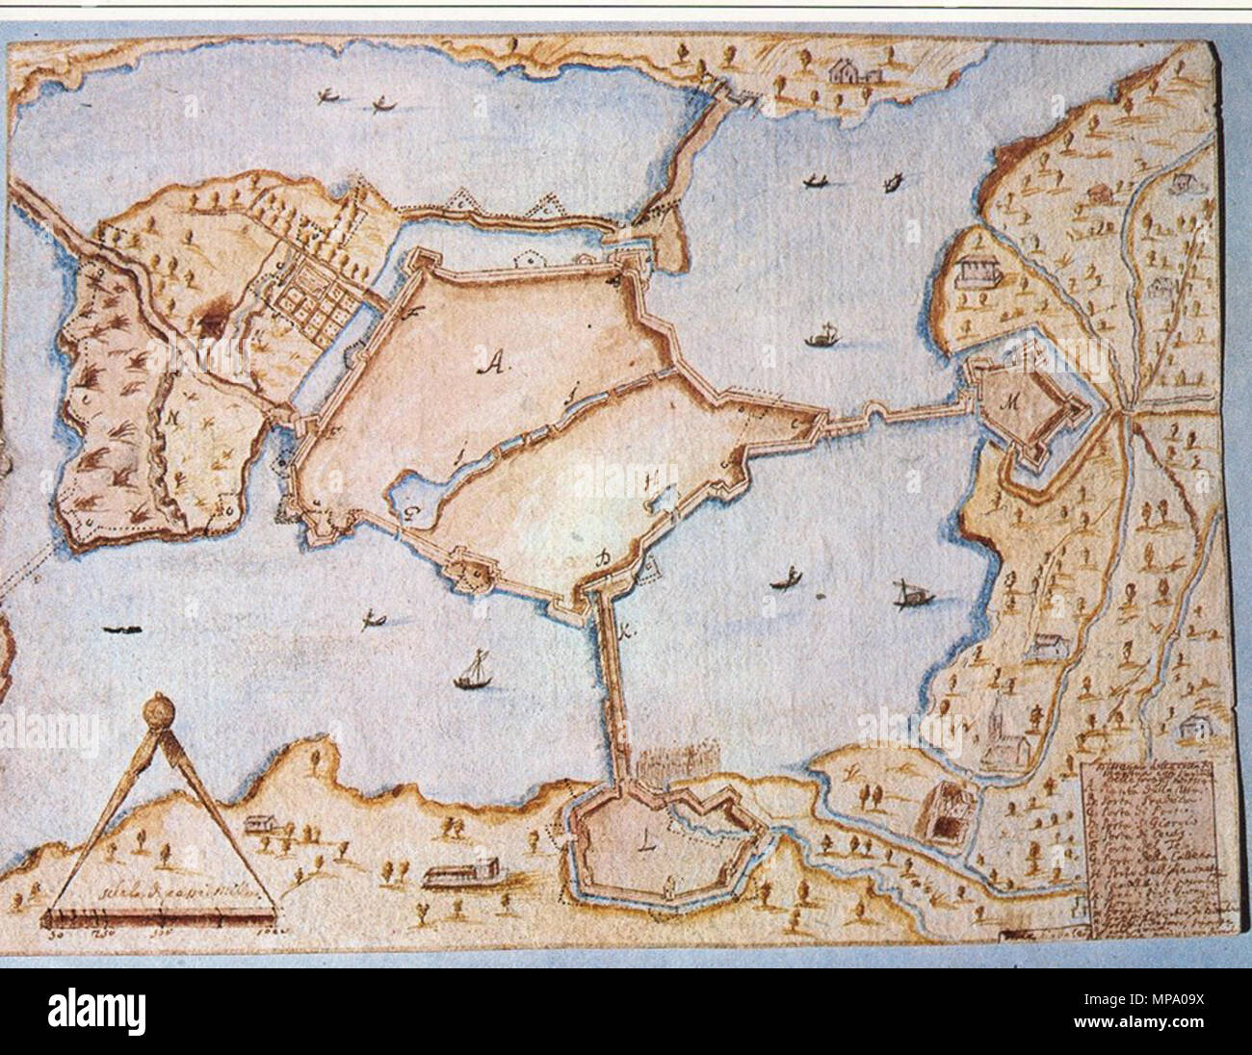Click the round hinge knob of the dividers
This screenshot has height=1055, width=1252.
pyautogui.click(x=155, y=714)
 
